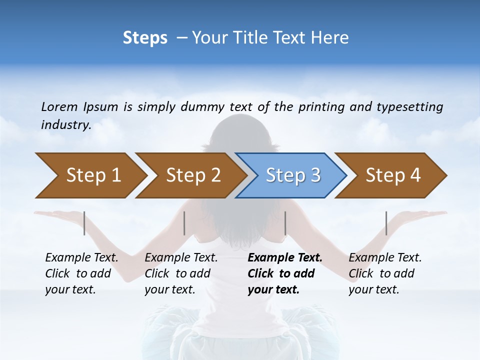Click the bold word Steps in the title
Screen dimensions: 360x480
point(145,37)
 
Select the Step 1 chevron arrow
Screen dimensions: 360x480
point(90,175)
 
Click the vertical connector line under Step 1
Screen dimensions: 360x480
point(84,223)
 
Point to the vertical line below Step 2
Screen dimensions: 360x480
point(184,223)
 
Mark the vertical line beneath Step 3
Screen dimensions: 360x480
point(285,223)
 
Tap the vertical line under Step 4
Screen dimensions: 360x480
point(386,223)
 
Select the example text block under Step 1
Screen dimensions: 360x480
point(81,273)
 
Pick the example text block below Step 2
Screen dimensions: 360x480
point(181,273)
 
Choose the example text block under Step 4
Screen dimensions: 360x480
point(385,273)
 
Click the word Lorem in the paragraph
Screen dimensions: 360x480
point(59,107)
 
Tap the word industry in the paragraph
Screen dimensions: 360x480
point(65,125)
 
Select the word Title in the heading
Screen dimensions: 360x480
point(251,37)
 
